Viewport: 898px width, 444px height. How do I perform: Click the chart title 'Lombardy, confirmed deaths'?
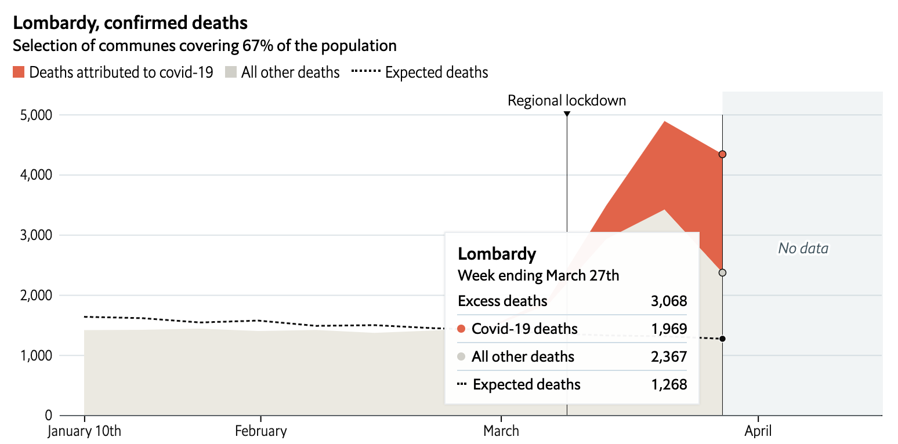coord(130,23)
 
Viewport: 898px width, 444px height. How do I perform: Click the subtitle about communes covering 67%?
coord(205,46)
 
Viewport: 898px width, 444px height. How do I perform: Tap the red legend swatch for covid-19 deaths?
coord(19,72)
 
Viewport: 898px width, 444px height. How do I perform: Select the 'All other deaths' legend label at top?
coord(290,72)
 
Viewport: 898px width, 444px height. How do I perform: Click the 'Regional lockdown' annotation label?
coord(567,100)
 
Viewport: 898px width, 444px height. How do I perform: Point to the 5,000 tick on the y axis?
coord(36,115)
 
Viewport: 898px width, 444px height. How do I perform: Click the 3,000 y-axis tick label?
coord(36,235)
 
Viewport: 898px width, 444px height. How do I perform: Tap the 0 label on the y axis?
coord(48,416)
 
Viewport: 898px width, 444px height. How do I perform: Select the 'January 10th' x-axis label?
coord(85,431)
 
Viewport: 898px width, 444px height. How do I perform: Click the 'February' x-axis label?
coord(261,431)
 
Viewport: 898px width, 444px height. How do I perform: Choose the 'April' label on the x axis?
coord(758,431)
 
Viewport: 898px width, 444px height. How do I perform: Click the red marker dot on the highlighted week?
coord(722,154)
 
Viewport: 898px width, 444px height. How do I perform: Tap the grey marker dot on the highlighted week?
coord(722,272)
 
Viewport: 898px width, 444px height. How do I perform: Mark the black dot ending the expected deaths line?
coord(722,339)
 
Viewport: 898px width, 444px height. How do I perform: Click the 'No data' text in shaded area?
coord(803,249)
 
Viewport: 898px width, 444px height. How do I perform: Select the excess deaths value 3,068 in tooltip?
coord(669,301)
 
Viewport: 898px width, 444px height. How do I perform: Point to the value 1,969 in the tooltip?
coord(669,329)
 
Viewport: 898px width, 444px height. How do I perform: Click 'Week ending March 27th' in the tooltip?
coord(538,275)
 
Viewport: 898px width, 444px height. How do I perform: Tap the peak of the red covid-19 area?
coord(664,122)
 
